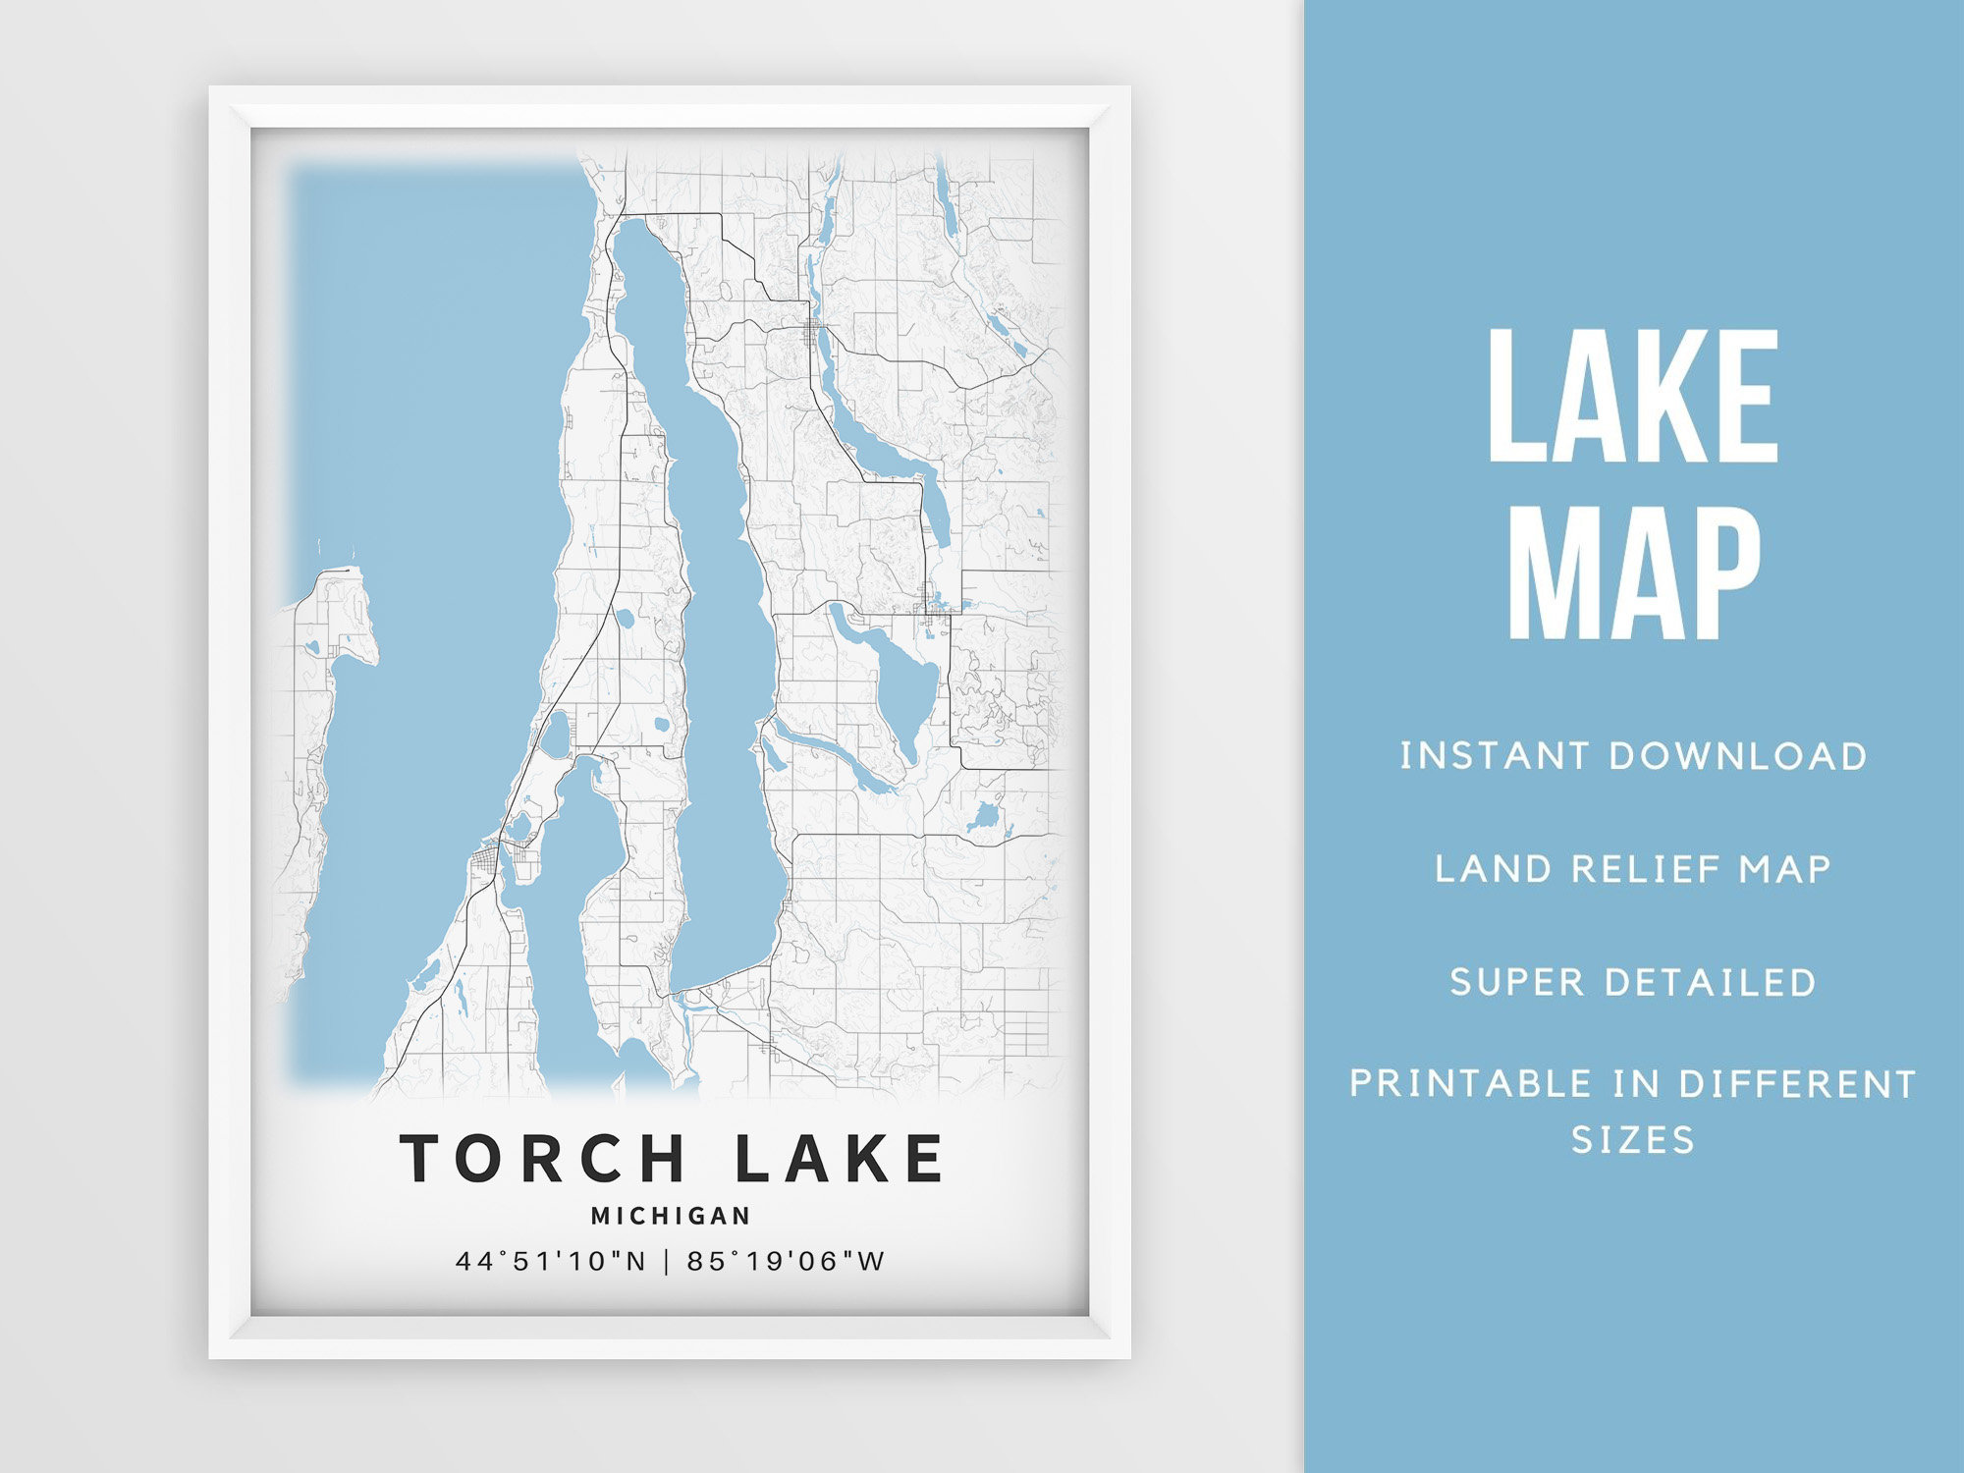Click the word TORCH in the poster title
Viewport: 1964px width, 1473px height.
click(542, 1158)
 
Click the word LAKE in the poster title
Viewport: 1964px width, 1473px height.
click(840, 1158)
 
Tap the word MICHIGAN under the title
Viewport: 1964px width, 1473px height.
click(671, 1216)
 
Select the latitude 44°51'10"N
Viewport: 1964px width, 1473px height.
click(551, 1261)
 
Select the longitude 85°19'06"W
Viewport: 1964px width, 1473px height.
click(786, 1261)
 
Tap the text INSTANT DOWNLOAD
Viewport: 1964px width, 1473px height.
click(1633, 756)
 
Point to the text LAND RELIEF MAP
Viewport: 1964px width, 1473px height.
click(1633, 869)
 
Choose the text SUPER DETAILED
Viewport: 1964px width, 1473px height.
click(1633, 982)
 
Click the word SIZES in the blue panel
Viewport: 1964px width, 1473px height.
click(1633, 1140)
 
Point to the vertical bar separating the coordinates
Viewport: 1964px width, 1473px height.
click(667, 1261)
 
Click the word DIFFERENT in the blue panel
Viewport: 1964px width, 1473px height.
click(1797, 1084)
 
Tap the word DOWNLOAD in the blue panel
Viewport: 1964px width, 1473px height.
click(1737, 756)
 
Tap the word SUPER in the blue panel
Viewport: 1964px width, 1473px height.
click(1517, 982)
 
